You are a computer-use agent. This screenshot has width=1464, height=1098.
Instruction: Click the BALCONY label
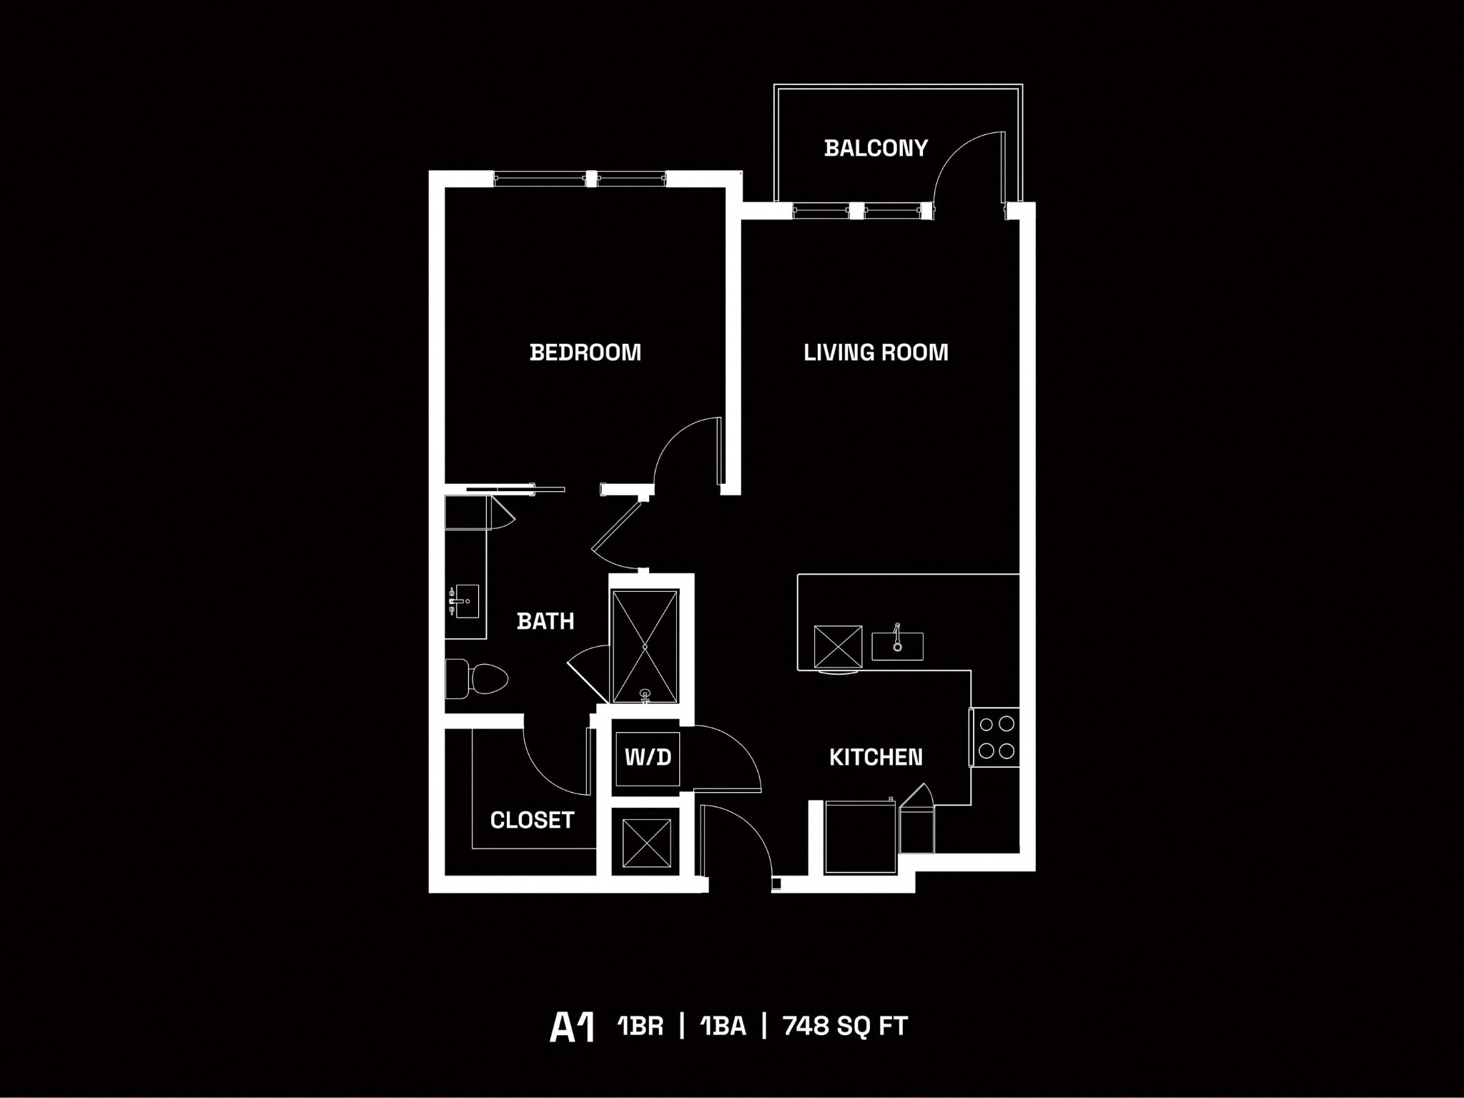[875, 148]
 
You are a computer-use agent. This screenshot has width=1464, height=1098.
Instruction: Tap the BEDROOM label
[585, 352]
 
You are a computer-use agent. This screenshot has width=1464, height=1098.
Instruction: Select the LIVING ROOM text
[876, 352]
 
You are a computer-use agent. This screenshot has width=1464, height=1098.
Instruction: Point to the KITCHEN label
[876, 757]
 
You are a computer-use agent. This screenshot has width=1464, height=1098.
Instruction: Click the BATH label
[545, 621]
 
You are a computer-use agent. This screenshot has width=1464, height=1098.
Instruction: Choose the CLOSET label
[532, 820]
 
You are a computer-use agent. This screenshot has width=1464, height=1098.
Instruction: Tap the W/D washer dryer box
[648, 758]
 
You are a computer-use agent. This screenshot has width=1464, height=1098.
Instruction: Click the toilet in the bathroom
[477, 678]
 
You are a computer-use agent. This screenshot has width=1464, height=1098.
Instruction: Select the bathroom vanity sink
[465, 602]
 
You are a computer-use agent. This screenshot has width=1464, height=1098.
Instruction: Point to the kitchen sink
[897, 646]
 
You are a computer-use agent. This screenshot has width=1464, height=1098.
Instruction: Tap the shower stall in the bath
[645, 646]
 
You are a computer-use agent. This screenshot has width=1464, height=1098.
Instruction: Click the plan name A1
[572, 1027]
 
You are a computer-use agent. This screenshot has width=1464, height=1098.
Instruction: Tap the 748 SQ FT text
[845, 1027]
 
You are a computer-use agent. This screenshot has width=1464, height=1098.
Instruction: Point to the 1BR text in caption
[640, 1027]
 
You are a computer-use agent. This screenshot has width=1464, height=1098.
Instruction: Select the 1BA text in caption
[723, 1027]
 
